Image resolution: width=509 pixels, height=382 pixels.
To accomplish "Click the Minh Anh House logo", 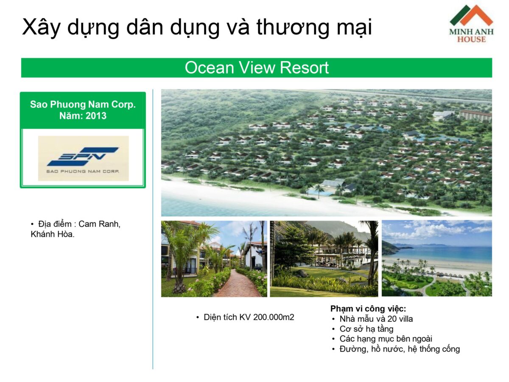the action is point(471,24).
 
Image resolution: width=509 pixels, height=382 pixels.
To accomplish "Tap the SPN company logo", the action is point(83,158).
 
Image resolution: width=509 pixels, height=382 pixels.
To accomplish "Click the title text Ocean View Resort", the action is point(257,67).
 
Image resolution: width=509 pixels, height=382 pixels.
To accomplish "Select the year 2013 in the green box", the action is point(96,115).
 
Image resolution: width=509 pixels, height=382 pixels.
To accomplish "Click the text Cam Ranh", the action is point(99,224).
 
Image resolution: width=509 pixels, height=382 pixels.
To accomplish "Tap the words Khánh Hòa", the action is point(53,234).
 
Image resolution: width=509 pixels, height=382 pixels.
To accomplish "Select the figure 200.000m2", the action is point(274,317).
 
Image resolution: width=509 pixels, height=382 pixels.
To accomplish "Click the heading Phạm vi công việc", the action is point(368,309).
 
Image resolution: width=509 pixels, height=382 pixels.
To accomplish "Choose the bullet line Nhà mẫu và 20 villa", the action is point(376,319).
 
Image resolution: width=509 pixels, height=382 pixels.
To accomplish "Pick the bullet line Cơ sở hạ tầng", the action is point(366,329).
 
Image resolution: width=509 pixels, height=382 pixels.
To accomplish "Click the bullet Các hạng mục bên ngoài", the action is point(386,339).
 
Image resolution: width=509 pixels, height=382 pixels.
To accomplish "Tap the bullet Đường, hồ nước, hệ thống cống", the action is point(400,349).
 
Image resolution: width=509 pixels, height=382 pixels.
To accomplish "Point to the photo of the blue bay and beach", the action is point(436,258).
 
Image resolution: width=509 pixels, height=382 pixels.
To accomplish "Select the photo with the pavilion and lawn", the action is point(324,258).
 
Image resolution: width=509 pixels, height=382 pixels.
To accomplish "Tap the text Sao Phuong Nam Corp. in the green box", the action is point(83,104).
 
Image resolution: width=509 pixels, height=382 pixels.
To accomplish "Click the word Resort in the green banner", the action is point(304,67).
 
